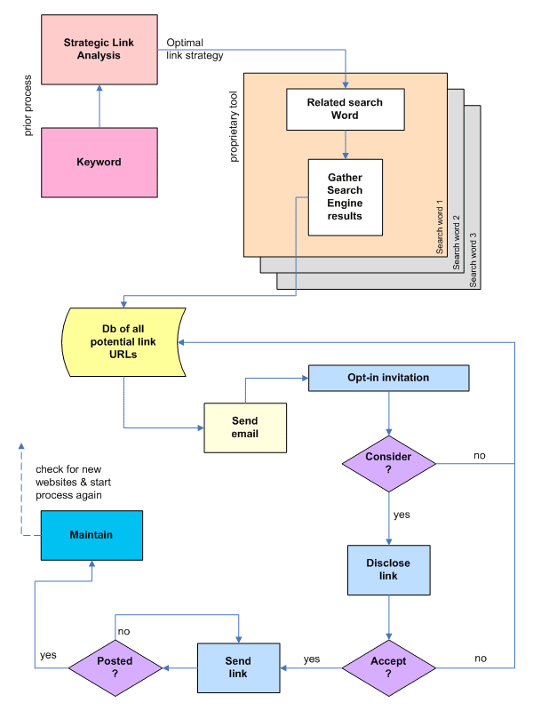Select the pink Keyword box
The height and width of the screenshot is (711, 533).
click(99, 162)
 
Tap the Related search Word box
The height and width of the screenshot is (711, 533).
click(345, 108)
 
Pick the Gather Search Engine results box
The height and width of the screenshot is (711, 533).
click(345, 196)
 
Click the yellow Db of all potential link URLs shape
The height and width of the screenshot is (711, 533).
click(123, 342)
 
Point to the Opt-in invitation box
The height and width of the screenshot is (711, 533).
click(388, 378)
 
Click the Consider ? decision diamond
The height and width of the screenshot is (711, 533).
click(388, 463)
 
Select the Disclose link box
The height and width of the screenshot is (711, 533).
click(388, 569)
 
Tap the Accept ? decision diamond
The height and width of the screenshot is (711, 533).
click(388, 667)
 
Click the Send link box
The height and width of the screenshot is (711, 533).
click(238, 667)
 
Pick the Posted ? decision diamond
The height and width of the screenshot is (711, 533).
click(115, 667)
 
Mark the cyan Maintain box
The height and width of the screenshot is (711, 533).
click(91, 535)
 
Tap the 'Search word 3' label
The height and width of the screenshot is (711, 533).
click(473, 260)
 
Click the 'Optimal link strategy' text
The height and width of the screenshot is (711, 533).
click(195, 49)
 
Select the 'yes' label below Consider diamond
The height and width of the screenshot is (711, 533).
click(402, 514)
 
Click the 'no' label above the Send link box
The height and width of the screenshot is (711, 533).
click(123, 631)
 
